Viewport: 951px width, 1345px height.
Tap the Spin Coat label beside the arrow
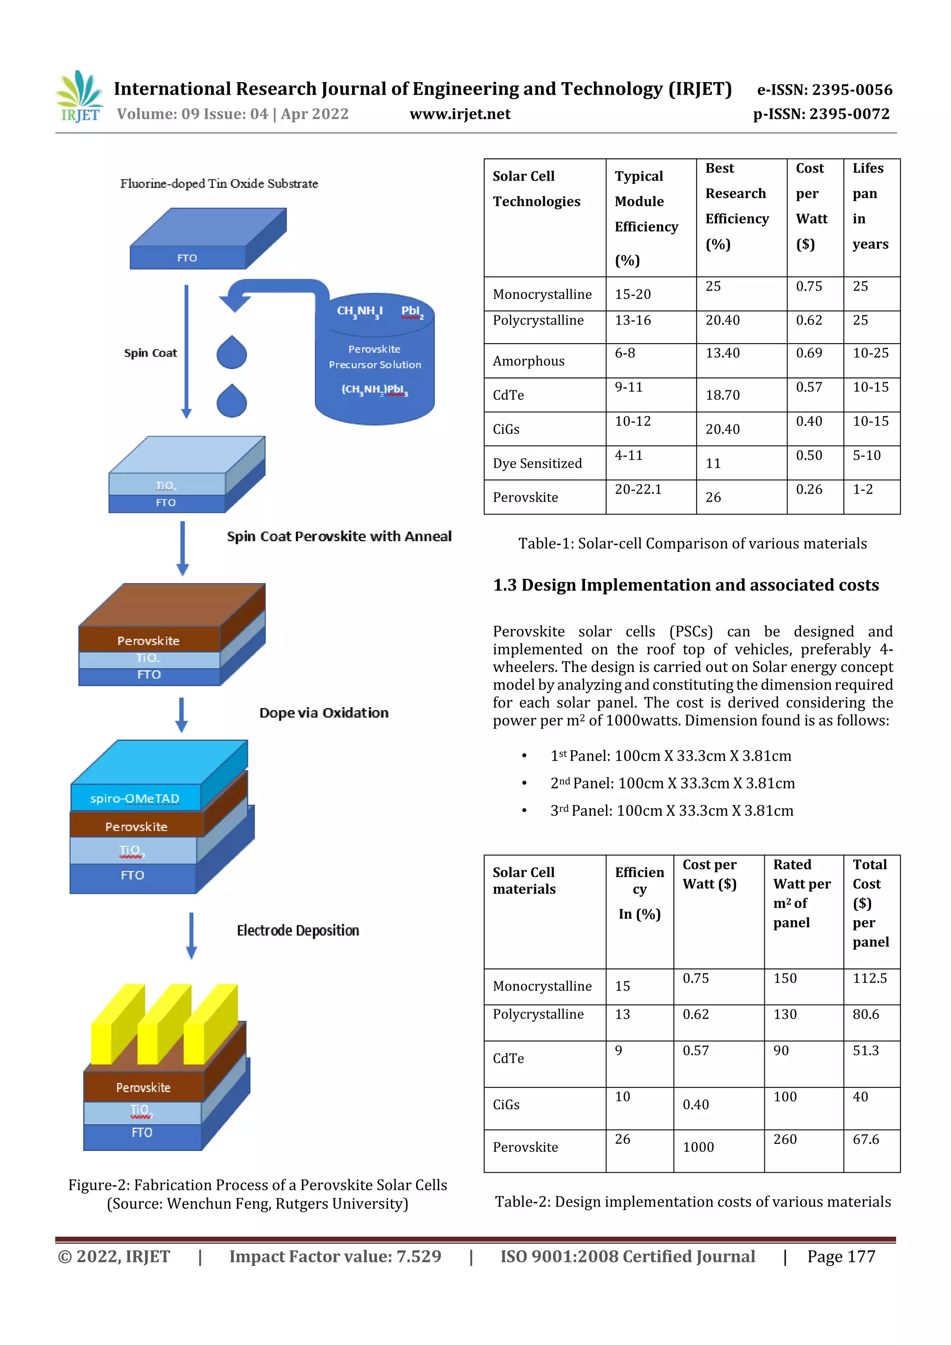click(150, 353)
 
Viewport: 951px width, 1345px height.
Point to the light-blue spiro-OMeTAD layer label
click(135, 798)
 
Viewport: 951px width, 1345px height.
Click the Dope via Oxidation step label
click(324, 713)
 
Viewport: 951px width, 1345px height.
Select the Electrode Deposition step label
click(298, 930)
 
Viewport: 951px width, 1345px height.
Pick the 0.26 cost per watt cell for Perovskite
click(808, 490)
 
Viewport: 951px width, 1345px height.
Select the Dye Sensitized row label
click(537, 463)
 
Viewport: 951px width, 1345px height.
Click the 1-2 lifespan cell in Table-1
click(862, 490)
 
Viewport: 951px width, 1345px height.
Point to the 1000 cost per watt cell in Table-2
click(698, 1147)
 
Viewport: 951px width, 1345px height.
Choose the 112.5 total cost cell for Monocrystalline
click(870, 978)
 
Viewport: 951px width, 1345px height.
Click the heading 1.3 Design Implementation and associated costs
click(685, 585)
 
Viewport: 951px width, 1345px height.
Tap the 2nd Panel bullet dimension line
click(672, 783)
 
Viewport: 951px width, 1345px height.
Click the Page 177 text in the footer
click(841, 1256)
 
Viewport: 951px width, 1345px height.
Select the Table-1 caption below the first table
click(692, 544)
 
